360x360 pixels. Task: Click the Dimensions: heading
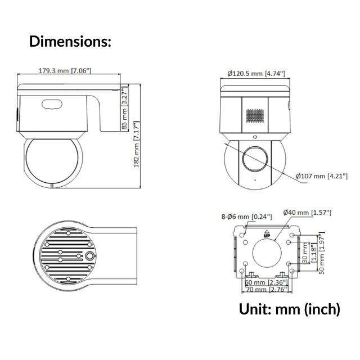(x=70, y=41)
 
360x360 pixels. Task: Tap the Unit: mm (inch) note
(x=290, y=309)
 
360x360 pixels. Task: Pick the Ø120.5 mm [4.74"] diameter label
(x=256, y=74)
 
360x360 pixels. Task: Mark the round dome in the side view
(x=52, y=160)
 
